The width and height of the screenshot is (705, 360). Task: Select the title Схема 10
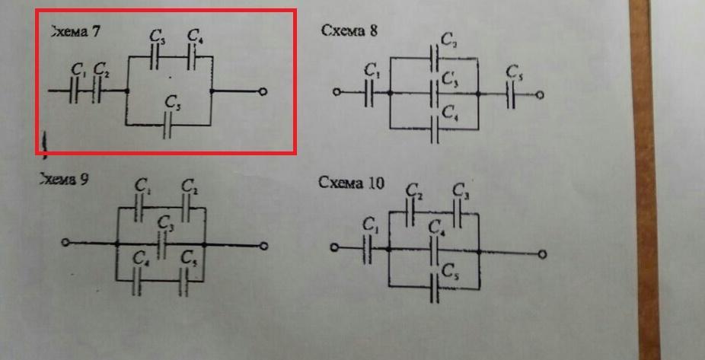pyautogui.click(x=352, y=183)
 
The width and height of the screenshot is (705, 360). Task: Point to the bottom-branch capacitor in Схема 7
pyautogui.click(x=169, y=125)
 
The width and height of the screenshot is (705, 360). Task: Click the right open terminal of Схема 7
pyautogui.click(x=263, y=91)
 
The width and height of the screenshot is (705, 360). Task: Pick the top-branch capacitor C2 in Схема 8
pyautogui.click(x=435, y=56)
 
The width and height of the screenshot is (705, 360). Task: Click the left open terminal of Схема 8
pyautogui.click(x=335, y=94)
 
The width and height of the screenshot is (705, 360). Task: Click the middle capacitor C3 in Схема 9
pyautogui.click(x=161, y=244)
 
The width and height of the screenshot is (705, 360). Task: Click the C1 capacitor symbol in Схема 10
pyautogui.click(x=368, y=248)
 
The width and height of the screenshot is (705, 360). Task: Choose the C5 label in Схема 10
pyautogui.click(x=450, y=270)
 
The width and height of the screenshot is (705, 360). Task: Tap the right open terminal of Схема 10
pyautogui.click(x=543, y=253)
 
